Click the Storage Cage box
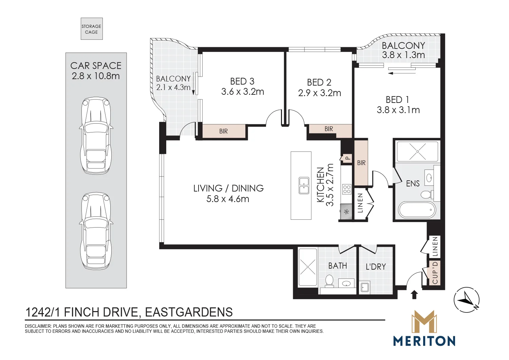click(x=92, y=29)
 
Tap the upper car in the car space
click(x=96, y=136)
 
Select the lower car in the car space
click(x=96, y=231)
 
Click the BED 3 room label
click(x=242, y=81)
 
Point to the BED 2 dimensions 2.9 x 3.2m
click(x=320, y=93)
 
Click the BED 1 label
click(x=397, y=100)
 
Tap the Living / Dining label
click(x=228, y=188)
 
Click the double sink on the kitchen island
click(x=304, y=185)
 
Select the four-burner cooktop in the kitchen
click(x=347, y=189)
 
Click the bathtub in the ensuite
click(x=417, y=210)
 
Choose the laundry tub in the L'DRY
click(x=365, y=287)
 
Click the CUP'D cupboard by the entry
click(x=435, y=273)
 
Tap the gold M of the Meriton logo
click(x=424, y=324)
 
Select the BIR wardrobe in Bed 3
click(x=224, y=131)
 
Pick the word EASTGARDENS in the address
click(x=189, y=312)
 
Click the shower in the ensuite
click(x=417, y=151)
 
